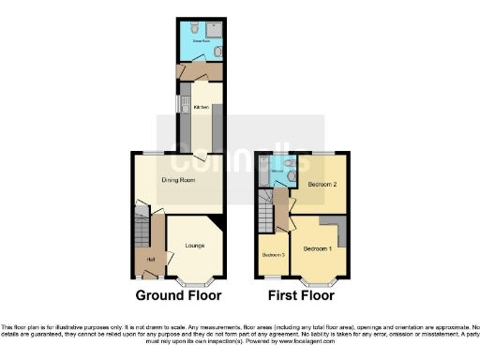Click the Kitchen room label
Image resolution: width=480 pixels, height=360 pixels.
(201, 107)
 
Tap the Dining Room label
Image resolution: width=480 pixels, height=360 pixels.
(176, 179)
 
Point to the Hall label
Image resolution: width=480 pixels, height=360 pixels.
(150, 259)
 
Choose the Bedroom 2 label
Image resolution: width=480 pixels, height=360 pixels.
(322, 184)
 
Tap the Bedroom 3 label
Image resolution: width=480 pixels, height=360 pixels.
(273, 255)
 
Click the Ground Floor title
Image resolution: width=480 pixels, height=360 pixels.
(179, 295)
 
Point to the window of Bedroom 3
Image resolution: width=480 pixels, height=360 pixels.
(271, 277)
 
